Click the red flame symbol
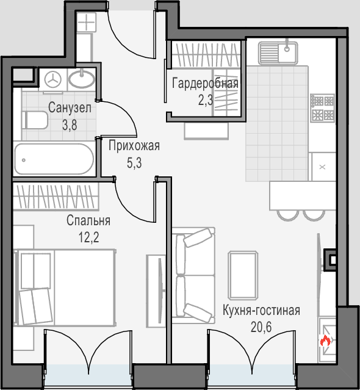(325, 340)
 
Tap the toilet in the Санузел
(35, 120)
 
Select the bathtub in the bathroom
(54, 159)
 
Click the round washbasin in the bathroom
(82, 79)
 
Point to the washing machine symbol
(52, 79)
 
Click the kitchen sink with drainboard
(278, 52)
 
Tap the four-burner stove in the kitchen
(322, 108)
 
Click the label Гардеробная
(205, 84)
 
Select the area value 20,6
(261, 327)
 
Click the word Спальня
(88, 220)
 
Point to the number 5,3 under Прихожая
(134, 163)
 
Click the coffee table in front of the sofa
(243, 275)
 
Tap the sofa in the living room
(193, 275)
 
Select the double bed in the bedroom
(65, 287)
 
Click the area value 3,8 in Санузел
(70, 125)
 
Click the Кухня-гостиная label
(261, 311)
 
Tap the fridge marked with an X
(322, 167)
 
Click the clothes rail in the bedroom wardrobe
(56, 197)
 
